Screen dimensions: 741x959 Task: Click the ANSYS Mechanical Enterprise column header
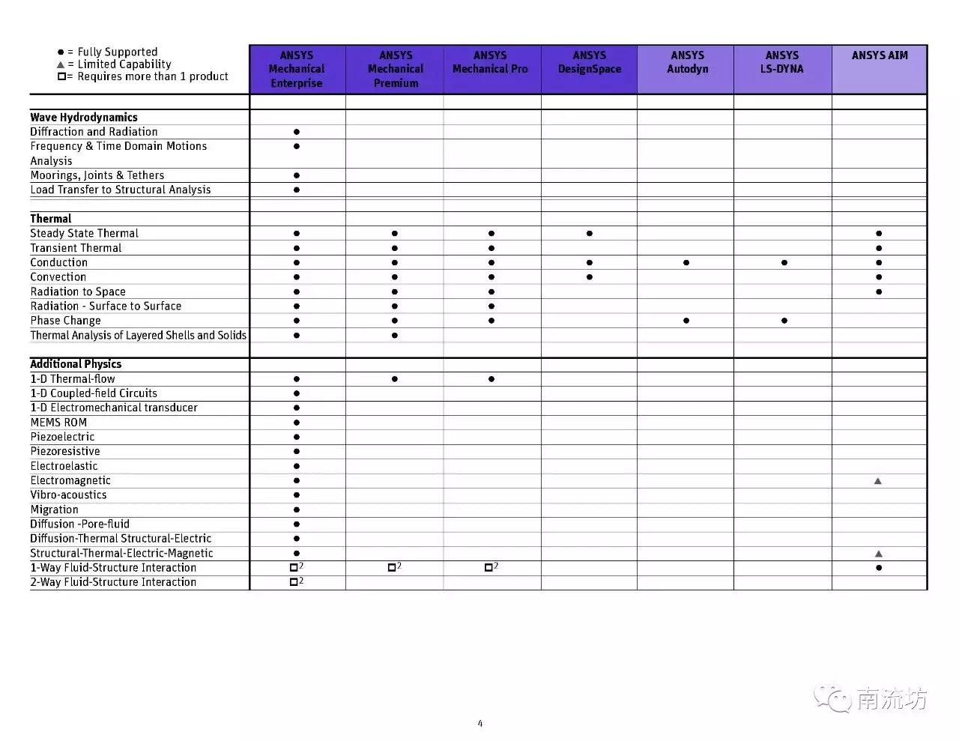coord(297,69)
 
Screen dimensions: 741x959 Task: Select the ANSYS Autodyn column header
coord(687,62)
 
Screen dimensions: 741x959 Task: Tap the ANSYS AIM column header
coord(880,55)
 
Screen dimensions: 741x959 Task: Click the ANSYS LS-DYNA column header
coord(782,62)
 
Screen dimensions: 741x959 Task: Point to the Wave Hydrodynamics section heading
coord(84,117)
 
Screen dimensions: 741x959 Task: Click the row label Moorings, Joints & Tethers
coord(97,175)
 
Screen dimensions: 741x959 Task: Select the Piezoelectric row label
coord(62,437)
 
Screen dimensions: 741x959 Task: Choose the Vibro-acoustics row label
coord(68,495)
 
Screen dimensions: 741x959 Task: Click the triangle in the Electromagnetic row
coord(878,481)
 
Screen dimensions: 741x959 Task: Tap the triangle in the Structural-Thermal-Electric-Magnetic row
coord(878,554)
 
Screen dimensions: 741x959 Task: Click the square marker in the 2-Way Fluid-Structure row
coord(294,582)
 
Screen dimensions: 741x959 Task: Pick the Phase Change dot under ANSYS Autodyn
coord(686,321)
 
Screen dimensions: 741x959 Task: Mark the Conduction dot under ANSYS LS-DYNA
coord(784,263)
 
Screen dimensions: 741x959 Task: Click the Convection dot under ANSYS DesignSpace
coord(590,277)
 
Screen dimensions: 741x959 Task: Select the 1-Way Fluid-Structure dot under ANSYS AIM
coord(878,568)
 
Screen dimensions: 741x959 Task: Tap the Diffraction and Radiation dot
coord(297,132)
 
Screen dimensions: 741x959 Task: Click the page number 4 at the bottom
coord(480,723)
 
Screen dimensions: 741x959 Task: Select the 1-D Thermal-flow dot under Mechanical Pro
coord(491,379)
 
